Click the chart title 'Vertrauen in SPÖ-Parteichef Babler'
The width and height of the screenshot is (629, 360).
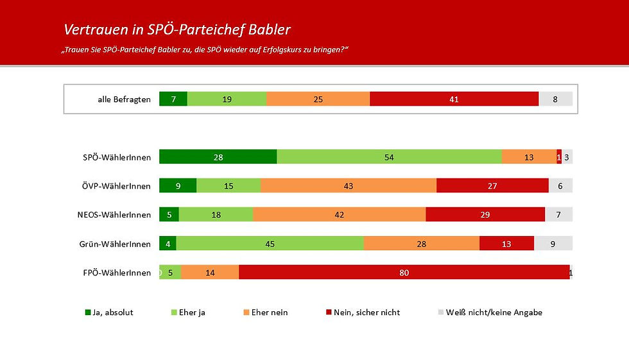[x=177, y=30]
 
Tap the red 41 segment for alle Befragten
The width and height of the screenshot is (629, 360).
[x=454, y=99]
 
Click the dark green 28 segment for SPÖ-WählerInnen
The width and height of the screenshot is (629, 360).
[x=218, y=157]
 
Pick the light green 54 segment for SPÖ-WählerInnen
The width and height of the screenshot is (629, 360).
[x=389, y=157]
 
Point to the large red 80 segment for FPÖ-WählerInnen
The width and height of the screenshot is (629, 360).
[x=404, y=272]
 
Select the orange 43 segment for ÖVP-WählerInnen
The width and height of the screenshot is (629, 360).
[x=349, y=186]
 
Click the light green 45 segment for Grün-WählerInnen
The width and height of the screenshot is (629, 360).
[x=270, y=243]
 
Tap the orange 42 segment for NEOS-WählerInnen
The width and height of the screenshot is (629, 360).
[x=339, y=215]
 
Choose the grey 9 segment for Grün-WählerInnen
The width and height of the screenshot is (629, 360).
[x=553, y=243]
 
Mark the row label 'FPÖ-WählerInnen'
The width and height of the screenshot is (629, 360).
[x=117, y=272]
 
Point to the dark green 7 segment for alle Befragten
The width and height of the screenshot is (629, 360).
[x=173, y=99]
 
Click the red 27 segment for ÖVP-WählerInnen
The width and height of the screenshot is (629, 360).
[x=492, y=186]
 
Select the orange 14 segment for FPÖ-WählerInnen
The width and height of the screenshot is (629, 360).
[x=210, y=272]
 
